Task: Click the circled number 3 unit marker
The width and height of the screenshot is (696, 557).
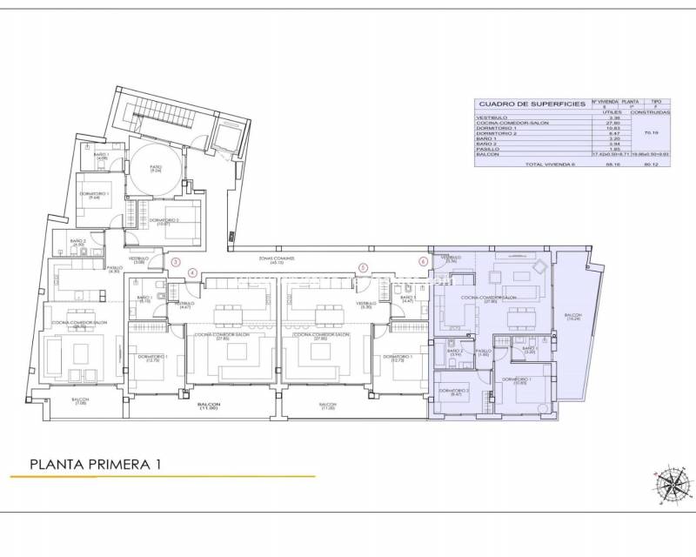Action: (x=176, y=261)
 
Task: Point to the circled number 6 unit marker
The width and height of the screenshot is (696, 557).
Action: (x=424, y=260)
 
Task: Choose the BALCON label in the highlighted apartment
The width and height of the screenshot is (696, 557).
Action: (x=573, y=317)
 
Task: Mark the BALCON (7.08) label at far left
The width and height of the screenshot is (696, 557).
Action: (x=80, y=401)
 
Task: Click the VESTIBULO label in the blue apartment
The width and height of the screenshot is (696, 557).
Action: (x=450, y=258)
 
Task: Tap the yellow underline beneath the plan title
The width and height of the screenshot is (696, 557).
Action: (x=162, y=477)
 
